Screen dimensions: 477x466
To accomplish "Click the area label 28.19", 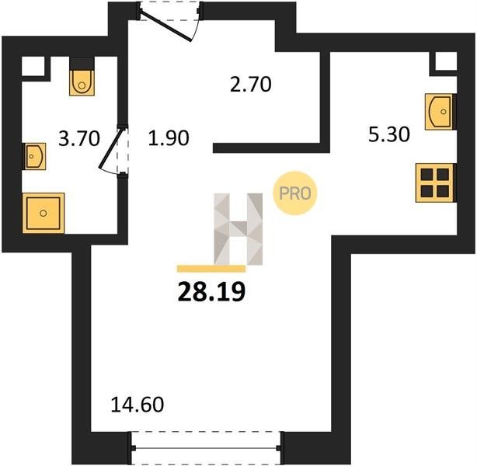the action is (x=211, y=292).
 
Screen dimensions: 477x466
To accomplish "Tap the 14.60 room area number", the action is (x=138, y=405).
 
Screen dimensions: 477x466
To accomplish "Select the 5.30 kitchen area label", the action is (x=388, y=134).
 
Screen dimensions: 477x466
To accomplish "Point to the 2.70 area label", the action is (x=250, y=85).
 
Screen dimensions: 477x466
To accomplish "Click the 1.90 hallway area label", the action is (x=169, y=137).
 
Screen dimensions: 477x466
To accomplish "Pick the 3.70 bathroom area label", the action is (x=78, y=138).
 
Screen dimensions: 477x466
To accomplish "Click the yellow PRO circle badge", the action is (x=295, y=193).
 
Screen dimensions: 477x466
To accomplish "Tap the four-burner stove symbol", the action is (x=435, y=183).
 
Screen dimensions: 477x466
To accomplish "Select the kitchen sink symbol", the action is (x=439, y=112).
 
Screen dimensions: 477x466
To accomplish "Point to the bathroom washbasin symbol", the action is (x=34, y=156).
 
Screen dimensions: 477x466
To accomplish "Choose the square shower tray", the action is (x=44, y=214).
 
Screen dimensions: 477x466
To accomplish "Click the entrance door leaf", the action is (x=165, y=26).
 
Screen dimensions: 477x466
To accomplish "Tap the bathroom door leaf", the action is (x=112, y=148).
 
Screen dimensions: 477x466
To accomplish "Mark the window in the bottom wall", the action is (x=207, y=447).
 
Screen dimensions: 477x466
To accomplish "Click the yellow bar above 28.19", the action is (x=211, y=269).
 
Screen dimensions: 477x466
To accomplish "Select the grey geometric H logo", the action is (x=238, y=229).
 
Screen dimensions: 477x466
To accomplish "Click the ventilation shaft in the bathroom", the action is (x=33, y=66).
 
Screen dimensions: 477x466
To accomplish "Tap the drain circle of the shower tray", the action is (x=44, y=214).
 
